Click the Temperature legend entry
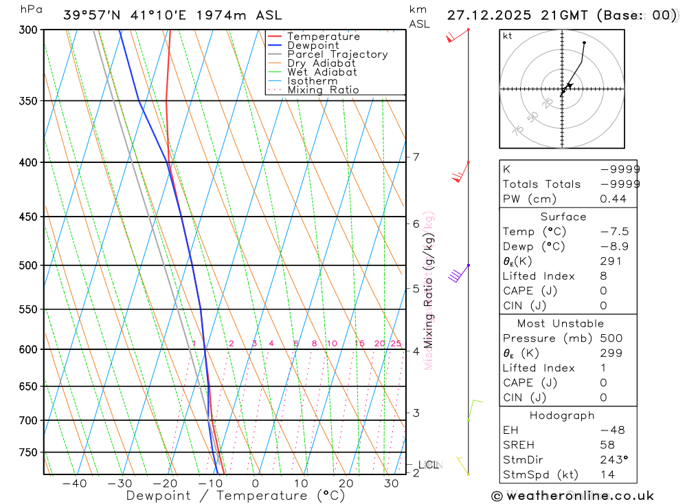tap(323, 36)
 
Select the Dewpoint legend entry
tap(313, 45)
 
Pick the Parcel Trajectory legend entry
tap(337, 54)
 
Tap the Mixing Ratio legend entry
tap(323, 90)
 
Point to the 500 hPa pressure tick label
tap(30, 265)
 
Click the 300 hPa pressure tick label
tap(30, 30)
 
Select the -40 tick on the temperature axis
tap(74, 483)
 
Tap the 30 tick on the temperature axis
tap(391, 483)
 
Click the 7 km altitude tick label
tap(416, 157)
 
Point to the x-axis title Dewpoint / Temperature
tap(236, 496)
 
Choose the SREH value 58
tap(607, 445)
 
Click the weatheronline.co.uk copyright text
tap(572, 495)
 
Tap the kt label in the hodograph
tap(508, 36)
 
